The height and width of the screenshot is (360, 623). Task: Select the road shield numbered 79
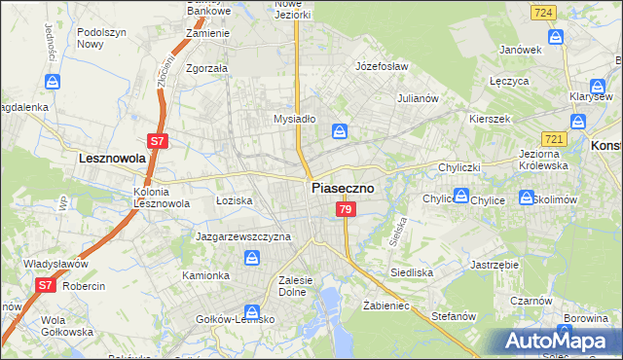[x=345, y=210]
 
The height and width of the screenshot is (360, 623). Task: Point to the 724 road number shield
[x=545, y=12]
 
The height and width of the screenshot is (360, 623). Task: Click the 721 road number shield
[x=555, y=141]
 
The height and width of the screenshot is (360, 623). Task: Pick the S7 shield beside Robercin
[x=45, y=285]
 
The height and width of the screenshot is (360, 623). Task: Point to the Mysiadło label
[x=294, y=119]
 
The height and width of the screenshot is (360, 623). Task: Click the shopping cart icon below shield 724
[x=556, y=37]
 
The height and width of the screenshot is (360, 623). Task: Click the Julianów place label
[x=420, y=98]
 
